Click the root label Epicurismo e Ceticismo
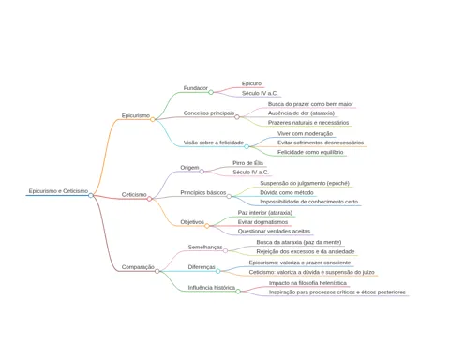pos(58,191)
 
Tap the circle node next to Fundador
pos(211,92)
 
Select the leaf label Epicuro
pos(251,83)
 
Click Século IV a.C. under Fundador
pos(260,93)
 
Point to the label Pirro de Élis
pos(248,163)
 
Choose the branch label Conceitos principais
pos(209,113)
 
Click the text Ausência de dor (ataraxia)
pos(301,113)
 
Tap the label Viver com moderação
pos(305,134)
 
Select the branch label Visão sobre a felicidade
pos(214,142)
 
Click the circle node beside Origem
pos(202,172)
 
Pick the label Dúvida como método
pos(287,192)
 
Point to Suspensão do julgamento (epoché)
pos(305,183)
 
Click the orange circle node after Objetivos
pos(207,226)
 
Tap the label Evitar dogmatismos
pos(262,222)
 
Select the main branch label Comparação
pos(138,267)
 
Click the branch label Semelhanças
pos(205,247)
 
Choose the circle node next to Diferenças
pos(218,271)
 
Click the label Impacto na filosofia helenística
pos(307,283)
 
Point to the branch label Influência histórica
pos(212,288)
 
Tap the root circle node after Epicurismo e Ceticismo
pos(91,195)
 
